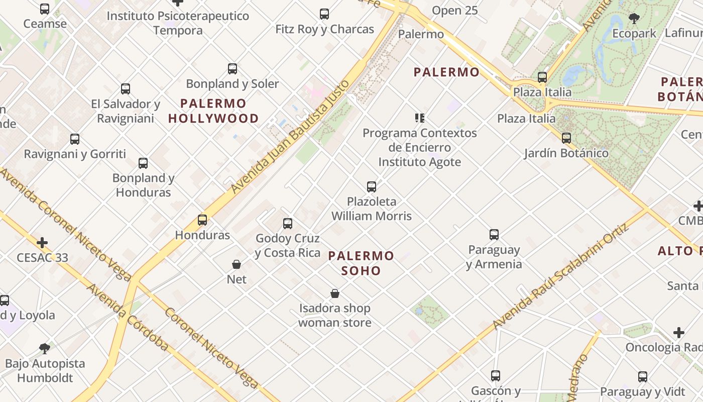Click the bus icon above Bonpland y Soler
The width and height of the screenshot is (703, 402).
click(x=232, y=69)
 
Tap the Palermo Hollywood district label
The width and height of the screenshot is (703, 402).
click(x=213, y=111)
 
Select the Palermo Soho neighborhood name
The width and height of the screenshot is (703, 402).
click(x=361, y=263)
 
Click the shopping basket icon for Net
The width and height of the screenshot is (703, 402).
click(x=237, y=264)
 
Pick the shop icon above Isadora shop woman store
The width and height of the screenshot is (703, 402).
click(x=335, y=293)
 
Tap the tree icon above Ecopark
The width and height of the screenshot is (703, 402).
click(x=634, y=19)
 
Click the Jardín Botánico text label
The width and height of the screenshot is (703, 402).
click(x=566, y=153)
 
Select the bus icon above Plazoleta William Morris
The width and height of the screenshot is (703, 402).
click(x=372, y=187)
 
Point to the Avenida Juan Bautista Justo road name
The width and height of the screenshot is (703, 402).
click(x=290, y=136)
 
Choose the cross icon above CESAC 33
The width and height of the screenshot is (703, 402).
click(x=42, y=243)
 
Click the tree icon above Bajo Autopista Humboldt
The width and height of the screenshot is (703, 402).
click(x=45, y=348)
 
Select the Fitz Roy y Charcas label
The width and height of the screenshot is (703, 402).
click(x=324, y=29)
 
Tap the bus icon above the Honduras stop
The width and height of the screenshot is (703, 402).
click(x=202, y=220)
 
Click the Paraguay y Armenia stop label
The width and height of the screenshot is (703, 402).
click(x=494, y=257)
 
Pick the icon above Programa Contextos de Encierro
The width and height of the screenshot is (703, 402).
click(x=420, y=118)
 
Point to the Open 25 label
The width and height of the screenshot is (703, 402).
click(x=454, y=10)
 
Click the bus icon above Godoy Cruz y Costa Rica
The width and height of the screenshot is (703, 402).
click(x=288, y=224)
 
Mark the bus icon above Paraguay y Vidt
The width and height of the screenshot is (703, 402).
click(x=642, y=377)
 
